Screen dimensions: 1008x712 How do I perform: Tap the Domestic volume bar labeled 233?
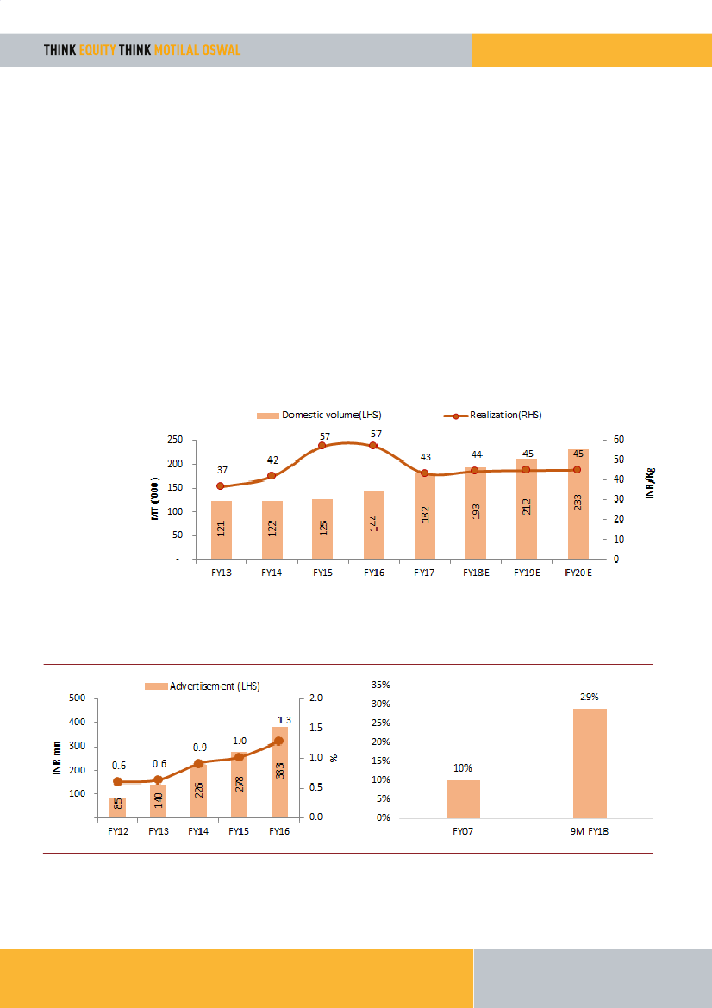tap(577, 504)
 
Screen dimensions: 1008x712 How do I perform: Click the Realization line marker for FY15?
tap(322, 445)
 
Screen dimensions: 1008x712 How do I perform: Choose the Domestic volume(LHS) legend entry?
tap(319, 415)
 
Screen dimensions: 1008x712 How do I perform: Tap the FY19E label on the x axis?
tap(526, 572)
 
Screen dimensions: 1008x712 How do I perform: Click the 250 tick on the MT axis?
tap(174, 440)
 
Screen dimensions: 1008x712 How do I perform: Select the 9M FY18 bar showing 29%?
tap(590, 763)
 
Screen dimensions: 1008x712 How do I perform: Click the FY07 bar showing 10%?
tap(463, 798)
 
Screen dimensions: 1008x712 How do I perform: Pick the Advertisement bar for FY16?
tap(278, 772)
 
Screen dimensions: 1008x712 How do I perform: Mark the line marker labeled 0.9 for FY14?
tap(198, 763)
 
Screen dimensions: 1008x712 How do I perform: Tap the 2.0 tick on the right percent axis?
tap(315, 698)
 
